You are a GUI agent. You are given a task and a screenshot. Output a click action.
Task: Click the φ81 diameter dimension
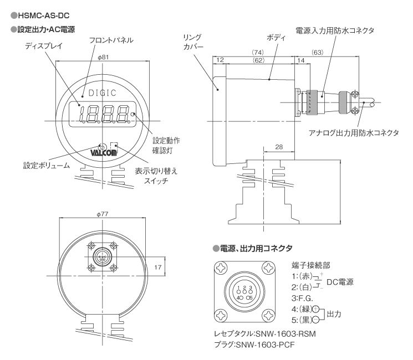coord(103,57)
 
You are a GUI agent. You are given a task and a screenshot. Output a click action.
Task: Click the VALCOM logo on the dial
coord(103,151)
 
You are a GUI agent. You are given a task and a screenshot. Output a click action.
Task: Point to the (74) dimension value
coord(258,52)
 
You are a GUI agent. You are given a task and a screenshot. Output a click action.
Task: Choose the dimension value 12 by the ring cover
coord(220,59)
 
